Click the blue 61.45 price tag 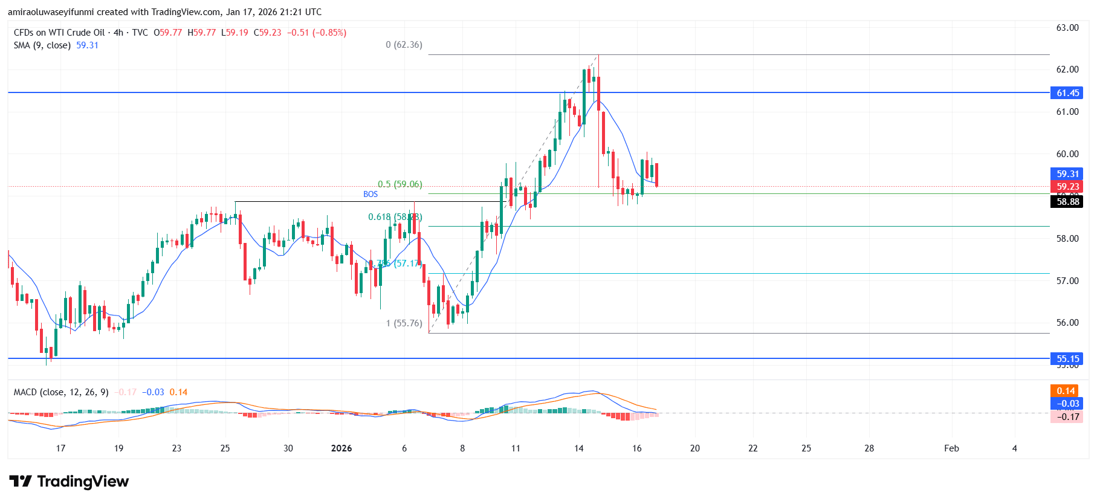[x=1067, y=93]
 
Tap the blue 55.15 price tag [x=1067, y=359]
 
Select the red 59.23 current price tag [x=1067, y=187]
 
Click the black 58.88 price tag [x=1067, y=202]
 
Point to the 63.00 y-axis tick [x=1067, y=28]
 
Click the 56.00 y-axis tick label [x=1067, y=323]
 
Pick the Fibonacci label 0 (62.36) [x=404, y=45]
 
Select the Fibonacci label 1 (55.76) [x=404, y=323]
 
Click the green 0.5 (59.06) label [x=400, y=184]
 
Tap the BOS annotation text [x=371, y=194]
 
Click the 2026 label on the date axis [x=341, y=448]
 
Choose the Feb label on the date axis [x=951, y=448]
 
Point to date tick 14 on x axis [x=579, y=448]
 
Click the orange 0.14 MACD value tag [x=1066, y=391]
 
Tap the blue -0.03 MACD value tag [x=1067, y=404]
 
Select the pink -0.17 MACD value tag [x=1067, y=416]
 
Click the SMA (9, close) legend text [x=42, y=45]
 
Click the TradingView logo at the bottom [x=69, y=482]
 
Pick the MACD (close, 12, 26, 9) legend [x=61, y=392]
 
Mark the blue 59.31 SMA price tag [x=1067, y=174]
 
